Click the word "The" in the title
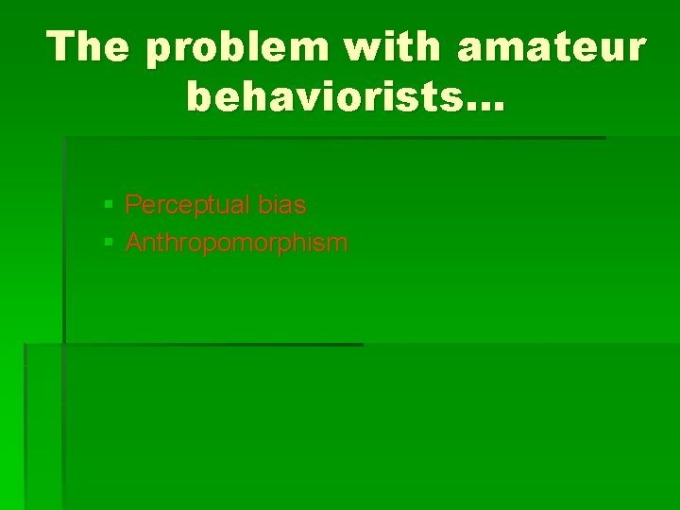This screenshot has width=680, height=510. tap(89, 47)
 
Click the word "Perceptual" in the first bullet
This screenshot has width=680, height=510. tap(178, 205)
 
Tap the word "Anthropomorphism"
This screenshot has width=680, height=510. tap(236, 244)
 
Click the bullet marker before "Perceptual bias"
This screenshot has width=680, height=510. tap(109, 205)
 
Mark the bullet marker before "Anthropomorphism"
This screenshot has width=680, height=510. tap(109, 244)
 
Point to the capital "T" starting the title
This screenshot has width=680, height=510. tap(65, 47)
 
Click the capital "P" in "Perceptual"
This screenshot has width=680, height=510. tap(133, 205)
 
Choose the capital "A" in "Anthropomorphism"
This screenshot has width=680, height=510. tap(133, 244)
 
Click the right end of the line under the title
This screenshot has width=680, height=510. tap(603, 138)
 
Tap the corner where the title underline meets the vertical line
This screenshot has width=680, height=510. tap(64, 138)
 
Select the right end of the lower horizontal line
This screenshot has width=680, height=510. tap(361, 345)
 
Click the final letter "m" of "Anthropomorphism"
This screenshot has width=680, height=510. tap(338, 244)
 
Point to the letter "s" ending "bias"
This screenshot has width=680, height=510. tap(300, 205)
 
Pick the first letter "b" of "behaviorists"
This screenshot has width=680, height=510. tap(200, 96)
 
